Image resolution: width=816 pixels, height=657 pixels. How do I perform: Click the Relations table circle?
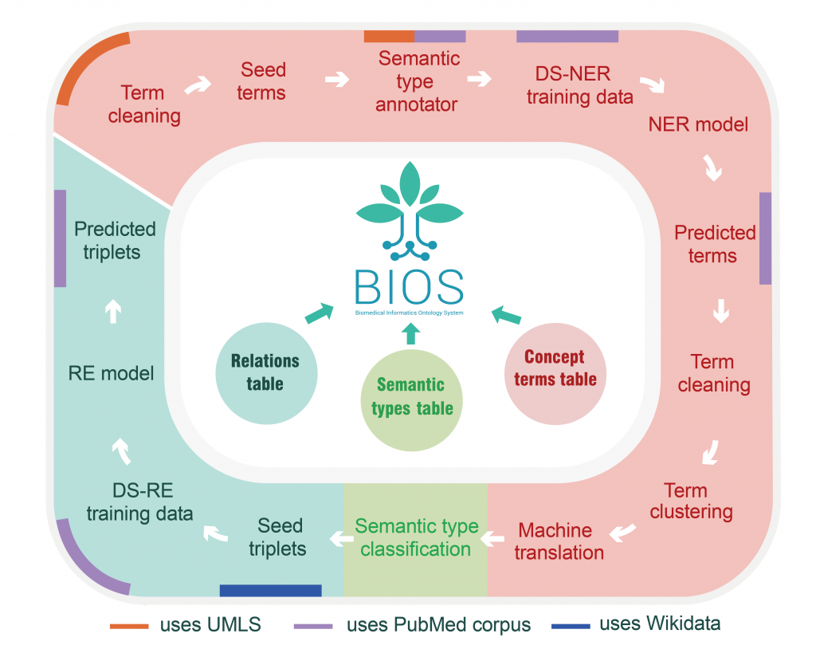coord(267,372)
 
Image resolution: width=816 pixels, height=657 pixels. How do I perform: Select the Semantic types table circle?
coord(411,396)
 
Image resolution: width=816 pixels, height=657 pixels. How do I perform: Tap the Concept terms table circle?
coord(555,368)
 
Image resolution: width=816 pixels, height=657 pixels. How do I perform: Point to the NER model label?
coord(699,124)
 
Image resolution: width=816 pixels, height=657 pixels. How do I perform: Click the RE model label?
coord(111,372)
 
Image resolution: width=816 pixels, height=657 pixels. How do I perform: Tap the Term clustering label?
coord(691,500)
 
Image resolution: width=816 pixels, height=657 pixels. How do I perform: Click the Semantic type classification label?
coord(416,537)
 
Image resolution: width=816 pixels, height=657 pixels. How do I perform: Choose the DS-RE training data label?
coord(140,502)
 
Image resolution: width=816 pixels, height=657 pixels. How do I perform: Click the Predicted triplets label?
coord(115,241)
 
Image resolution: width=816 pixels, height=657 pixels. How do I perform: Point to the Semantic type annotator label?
coord(418,81)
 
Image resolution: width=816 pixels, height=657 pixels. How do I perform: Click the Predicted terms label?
coord(715,244)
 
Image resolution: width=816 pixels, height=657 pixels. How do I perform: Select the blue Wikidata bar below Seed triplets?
coord(270,590)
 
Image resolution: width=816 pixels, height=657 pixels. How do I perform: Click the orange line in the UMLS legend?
coord(129,626)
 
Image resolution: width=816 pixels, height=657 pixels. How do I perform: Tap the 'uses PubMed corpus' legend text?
coord(438,625)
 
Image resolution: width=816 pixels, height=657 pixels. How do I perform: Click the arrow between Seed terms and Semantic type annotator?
coord(338,80)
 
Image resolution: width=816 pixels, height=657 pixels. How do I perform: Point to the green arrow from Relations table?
coord(320,313)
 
